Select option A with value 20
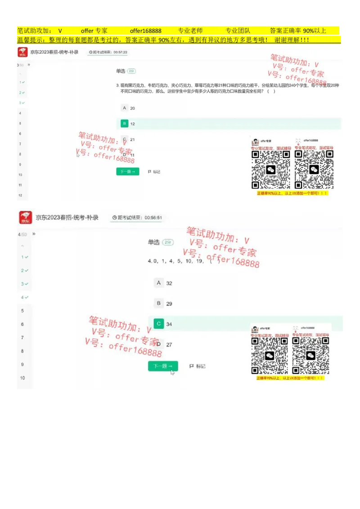tap(125, 108)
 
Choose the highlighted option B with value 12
tap(125, 124)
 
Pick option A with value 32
tap(158, 283)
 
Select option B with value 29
tap(158, 304)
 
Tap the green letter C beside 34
tap(158, 324)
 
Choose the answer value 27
tap(169, 345)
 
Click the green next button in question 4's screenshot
tap(163, 366)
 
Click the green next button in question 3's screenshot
tap(128, 172)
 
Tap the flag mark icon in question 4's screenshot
tap(192, 366)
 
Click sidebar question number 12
tap(20, 195)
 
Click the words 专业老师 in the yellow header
tap(190, 31)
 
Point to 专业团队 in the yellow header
tap(238, 31)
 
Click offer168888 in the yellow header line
tap(145, 31)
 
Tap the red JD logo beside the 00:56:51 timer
tap(26, 218)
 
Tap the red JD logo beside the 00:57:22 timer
tap(22, 53)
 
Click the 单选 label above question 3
tap(121, 71)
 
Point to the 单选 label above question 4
tap(154, 242)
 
